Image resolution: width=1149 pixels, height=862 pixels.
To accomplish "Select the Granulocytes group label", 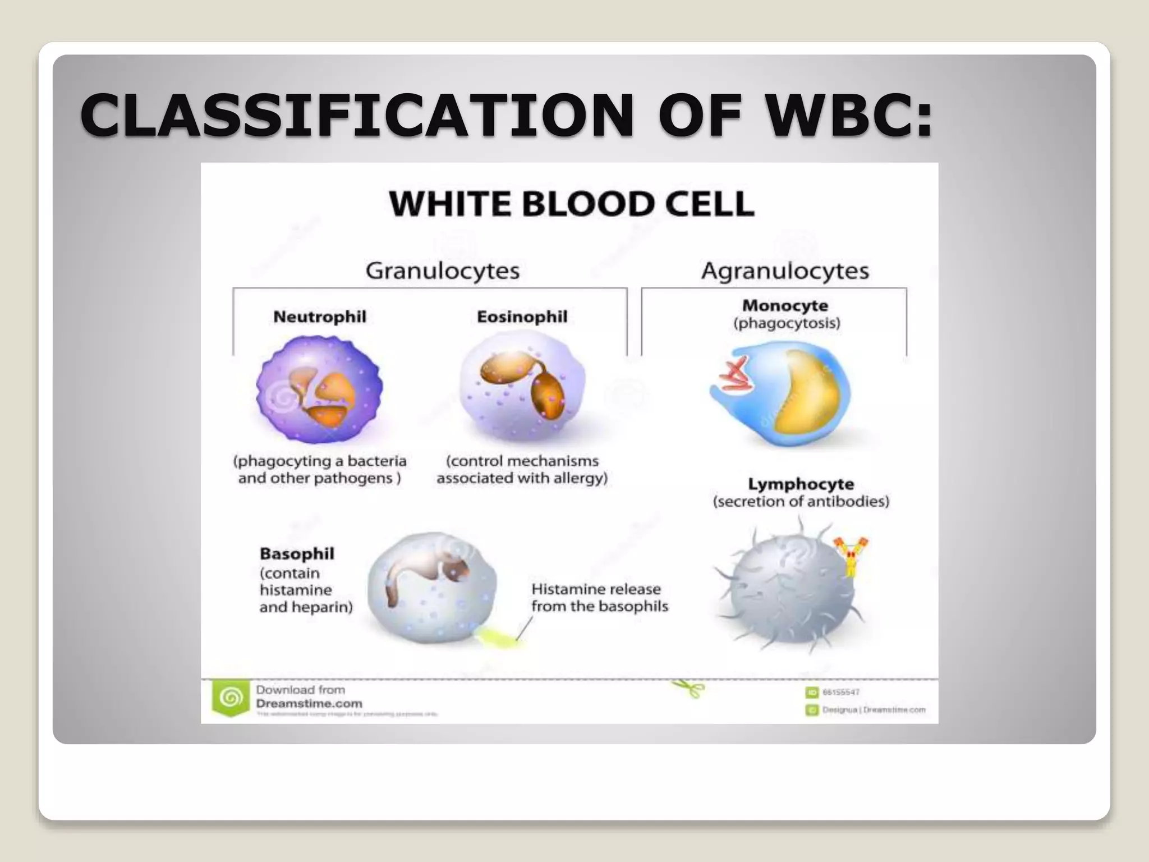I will click(x=442, y=270).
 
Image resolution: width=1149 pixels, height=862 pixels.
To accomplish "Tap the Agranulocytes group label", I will click(x=785, y=270).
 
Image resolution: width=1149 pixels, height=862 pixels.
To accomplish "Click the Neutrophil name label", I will click(x=319, y=317).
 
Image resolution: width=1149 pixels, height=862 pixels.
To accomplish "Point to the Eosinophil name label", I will click(x=522, y=317).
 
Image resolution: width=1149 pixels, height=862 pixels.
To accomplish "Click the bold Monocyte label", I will click(x=785, y=305).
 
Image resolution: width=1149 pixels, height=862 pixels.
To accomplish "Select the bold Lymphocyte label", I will click(x=801, y=484).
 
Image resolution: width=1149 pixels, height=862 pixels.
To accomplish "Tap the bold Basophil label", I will click(x=296, y=553).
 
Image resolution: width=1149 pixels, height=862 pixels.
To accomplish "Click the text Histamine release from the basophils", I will click(x=599, y=598).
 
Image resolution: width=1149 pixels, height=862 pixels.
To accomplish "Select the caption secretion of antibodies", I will click(x=801, y=501).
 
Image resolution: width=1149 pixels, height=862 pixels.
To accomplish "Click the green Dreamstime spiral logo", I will click(x=230, y=698).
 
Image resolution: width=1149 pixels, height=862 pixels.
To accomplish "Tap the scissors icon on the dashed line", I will click(x=690, y=687).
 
